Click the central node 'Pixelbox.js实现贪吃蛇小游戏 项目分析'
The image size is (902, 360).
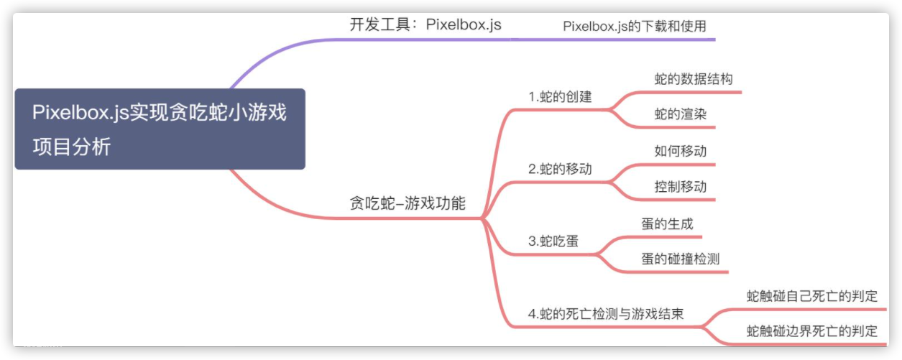(160, 129)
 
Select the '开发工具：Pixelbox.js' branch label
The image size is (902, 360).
(425, 24)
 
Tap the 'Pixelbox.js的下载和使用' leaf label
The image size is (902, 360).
(640, 26)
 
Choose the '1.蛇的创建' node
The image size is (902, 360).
(560, 96)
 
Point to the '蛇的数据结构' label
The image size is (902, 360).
(694, 79)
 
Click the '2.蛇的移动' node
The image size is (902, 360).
(560, 170)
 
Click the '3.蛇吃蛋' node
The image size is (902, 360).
(554, 241)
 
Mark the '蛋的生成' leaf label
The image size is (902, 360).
(668, 223)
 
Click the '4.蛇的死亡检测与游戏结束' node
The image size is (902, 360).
(605, 314)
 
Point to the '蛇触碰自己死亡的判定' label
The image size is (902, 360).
(812, 295)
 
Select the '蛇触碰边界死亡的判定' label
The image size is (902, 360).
(812, 331)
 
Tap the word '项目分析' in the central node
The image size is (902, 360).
(72, 147)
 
